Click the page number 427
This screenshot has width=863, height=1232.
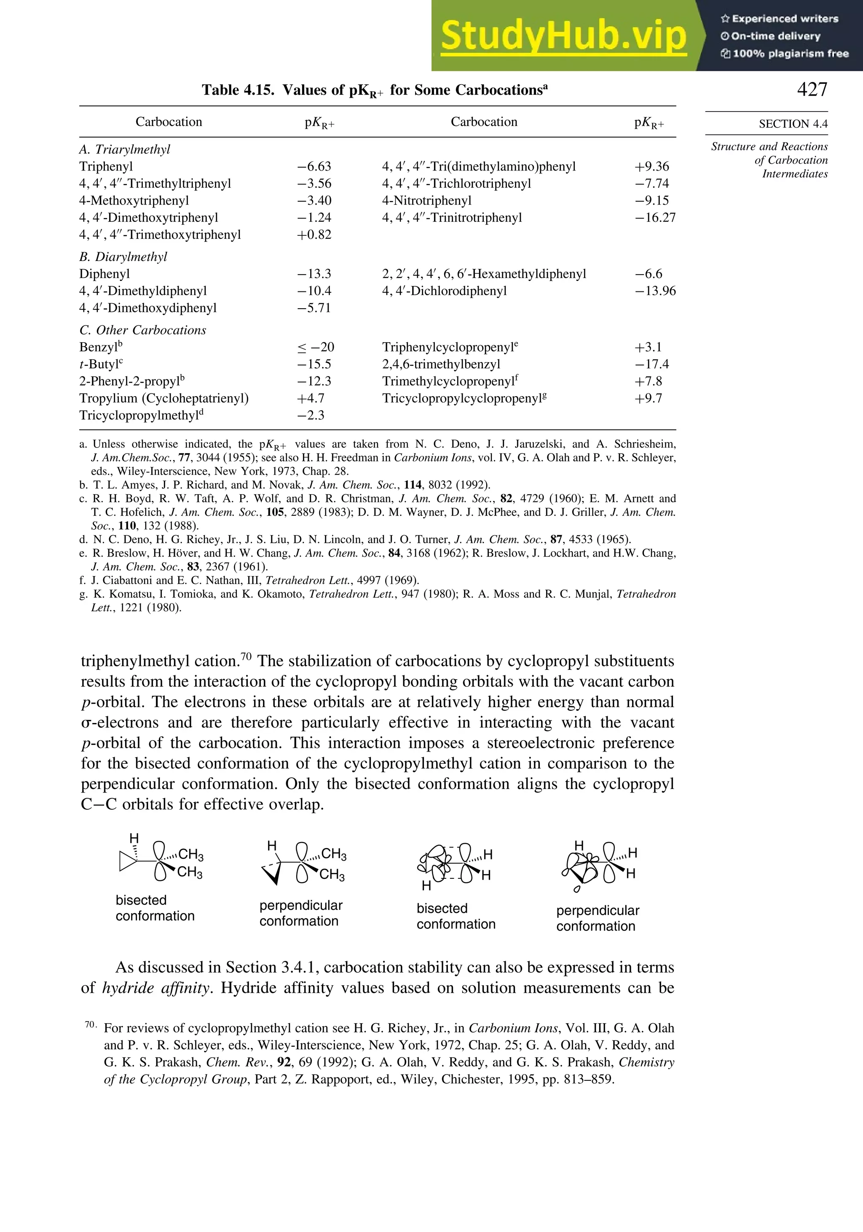coord(812,89)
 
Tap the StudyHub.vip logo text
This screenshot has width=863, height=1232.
coord(563,36)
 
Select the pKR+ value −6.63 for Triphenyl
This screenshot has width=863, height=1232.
coord(315,166)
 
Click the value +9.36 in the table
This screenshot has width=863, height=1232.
coord(651,166)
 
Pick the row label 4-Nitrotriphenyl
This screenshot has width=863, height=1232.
coord(426,201)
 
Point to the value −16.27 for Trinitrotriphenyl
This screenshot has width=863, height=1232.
coord(655,218)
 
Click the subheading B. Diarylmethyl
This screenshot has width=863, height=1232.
coord(123,257)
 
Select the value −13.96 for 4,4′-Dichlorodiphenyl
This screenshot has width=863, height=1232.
coord(655,291)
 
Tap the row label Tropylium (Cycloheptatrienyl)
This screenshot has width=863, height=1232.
coord(164,398)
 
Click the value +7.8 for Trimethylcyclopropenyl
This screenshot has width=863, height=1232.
coord(648,381)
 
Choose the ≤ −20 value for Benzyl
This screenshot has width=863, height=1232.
coord(316,347)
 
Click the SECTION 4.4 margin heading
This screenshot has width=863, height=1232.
coord(793,124)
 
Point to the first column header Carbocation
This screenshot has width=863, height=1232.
coord(169,122)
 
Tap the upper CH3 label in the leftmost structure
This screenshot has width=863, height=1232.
coord(190,854)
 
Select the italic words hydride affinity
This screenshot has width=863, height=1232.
coord(155,988)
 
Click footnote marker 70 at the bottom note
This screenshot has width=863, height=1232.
coord(90,1024)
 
